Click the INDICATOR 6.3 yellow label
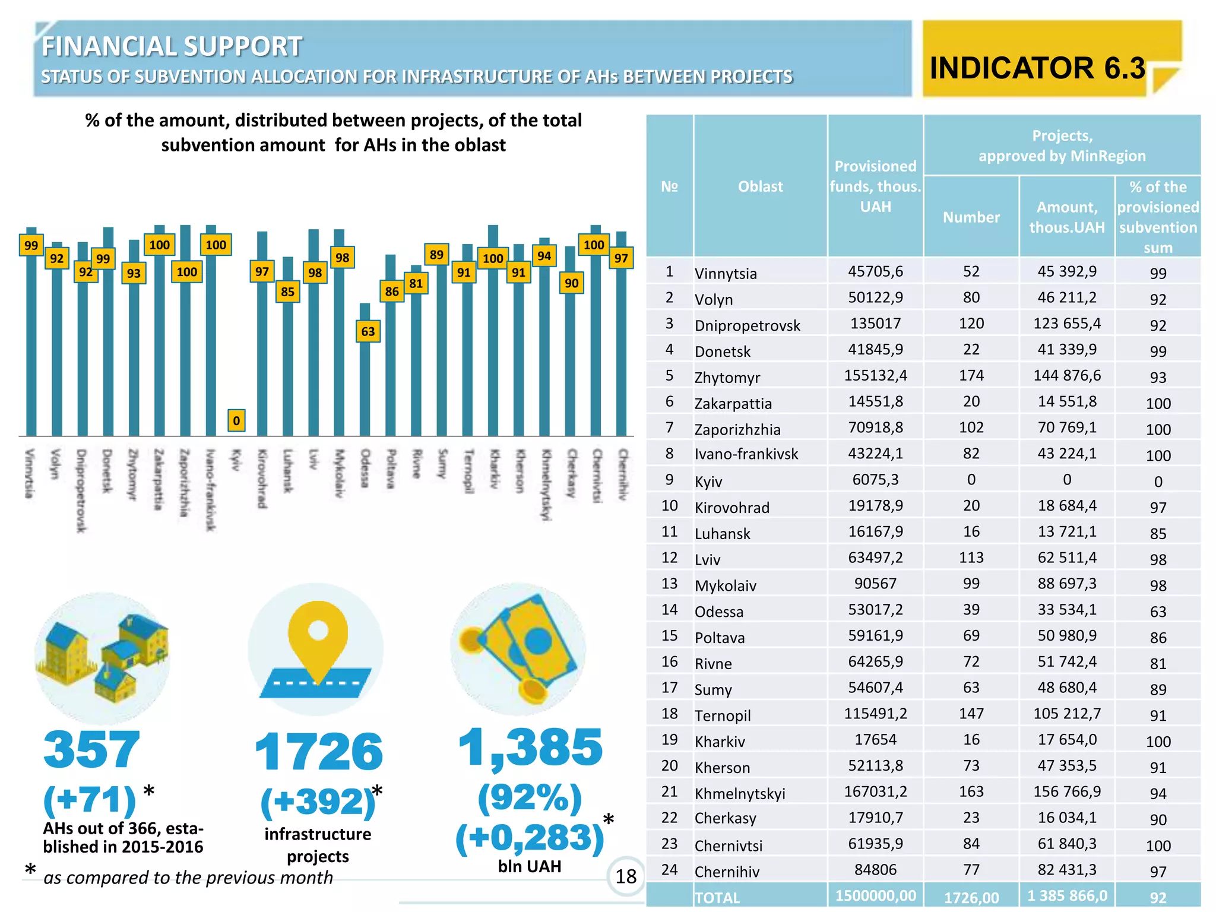[1037, 67]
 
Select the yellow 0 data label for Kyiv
[236, 420]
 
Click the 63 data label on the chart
[368, 331]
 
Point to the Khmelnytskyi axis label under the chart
[545, 484]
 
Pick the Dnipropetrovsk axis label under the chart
[81, 490]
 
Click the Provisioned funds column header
[875, 186]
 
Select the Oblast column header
[760, 186]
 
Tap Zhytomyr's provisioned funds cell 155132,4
[875, 375]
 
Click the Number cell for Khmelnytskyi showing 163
[971, 791]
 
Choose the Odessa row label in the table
[718, 612]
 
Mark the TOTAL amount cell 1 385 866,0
[1067, 895]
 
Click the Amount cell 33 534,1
[1067, 610]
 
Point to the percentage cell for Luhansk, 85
[1158, 533]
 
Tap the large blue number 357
[92, 749]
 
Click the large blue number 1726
[319, 752]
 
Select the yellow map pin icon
[318, 641]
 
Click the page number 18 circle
[626, 876]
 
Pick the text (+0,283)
[530, 838]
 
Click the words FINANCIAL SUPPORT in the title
[172, 46]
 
